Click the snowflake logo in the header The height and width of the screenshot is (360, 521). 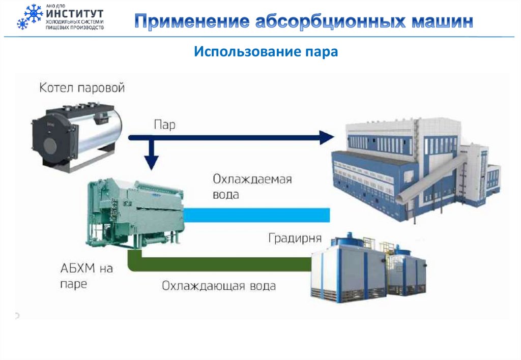29,17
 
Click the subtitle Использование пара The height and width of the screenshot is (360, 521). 266,52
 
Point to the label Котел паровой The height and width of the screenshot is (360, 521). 82,88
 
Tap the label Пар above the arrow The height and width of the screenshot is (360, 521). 164,126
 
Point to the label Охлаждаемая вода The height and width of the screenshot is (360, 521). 252,186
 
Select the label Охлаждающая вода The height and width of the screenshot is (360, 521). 219,286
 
